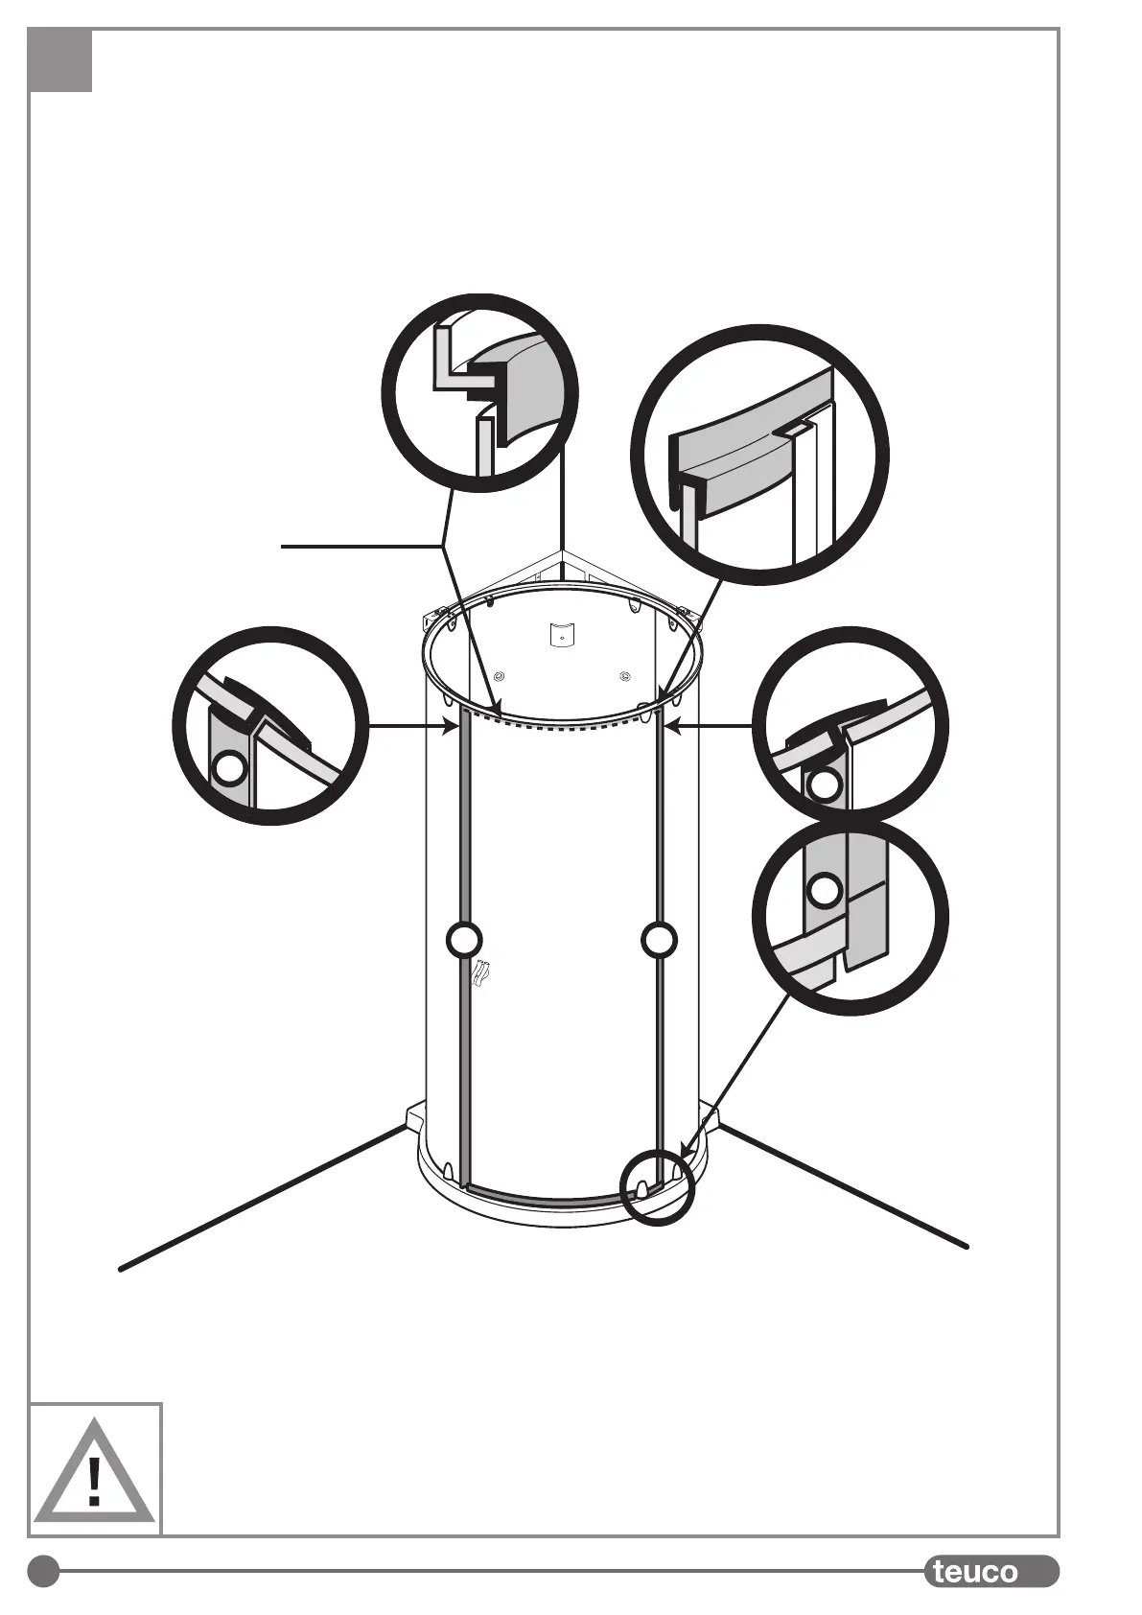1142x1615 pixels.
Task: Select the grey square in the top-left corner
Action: (x=60, y=60)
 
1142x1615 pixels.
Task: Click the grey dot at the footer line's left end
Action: (x=42, y=1572)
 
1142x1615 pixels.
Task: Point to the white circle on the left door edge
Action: (x=464, y=940)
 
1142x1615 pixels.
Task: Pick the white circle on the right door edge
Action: (x=659, y=940)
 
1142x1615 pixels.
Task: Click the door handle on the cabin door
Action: (x=482, y=972)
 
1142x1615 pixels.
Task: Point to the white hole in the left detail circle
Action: (x=230, y=767)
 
